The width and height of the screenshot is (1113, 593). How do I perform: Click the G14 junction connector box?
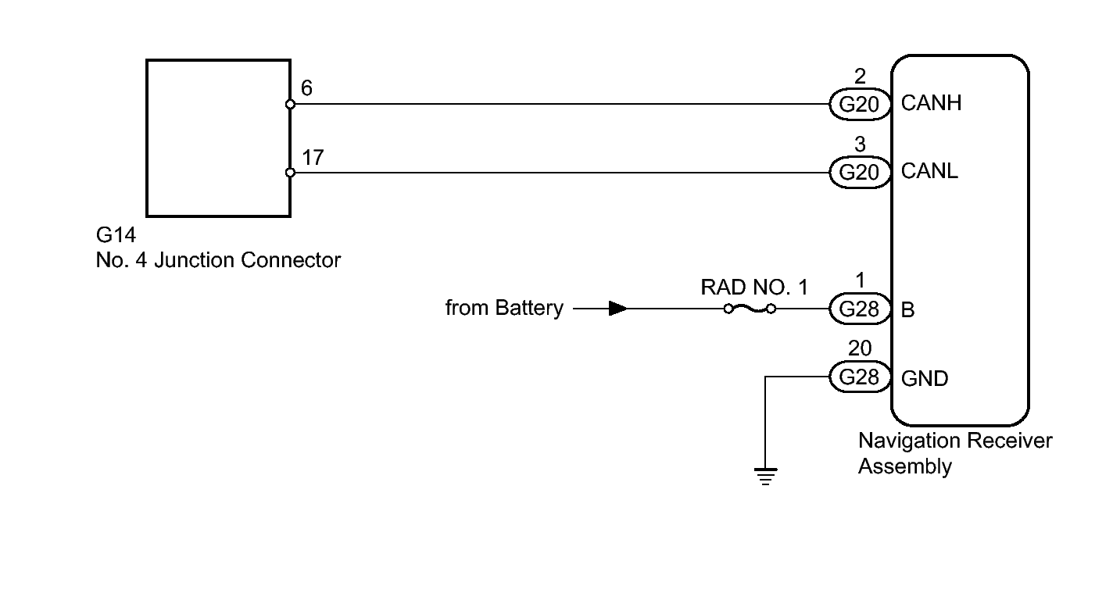click(217, 138)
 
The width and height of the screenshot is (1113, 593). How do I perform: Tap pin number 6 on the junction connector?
click(306, 88)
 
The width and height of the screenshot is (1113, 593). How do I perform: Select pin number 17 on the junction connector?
click(313, 157)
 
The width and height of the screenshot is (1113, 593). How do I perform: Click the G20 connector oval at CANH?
click(860, 104)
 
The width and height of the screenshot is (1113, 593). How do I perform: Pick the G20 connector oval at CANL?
click(860, 172)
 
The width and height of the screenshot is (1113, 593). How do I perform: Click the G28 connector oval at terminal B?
click(860, 309)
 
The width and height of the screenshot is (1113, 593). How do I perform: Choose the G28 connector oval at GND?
click(860, 377)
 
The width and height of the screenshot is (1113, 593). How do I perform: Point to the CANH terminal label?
click(931, 104)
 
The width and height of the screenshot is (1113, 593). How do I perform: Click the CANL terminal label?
click(929, 172)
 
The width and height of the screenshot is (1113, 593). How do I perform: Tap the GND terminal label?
click(925, 379)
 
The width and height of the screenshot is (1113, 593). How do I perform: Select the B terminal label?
click(908, 310)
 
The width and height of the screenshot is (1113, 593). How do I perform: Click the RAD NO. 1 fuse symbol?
click(749, 309)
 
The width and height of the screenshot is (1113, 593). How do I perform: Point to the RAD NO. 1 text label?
click(753, 287)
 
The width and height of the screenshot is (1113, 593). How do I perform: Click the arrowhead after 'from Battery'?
click(617, 309)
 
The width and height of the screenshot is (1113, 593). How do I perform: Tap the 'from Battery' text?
click(503, 308)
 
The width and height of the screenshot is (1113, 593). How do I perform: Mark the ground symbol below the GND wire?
click(765, 474)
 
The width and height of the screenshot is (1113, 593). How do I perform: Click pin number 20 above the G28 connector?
click(859, 348)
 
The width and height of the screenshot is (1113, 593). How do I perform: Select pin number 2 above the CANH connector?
click(860, 76)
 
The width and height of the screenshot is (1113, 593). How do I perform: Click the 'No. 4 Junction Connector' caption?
click(218, 259)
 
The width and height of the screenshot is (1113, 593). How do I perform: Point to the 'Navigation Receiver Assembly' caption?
click(954, 453)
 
